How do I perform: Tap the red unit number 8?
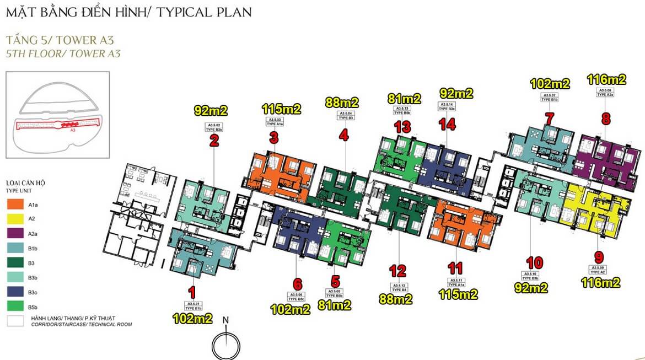coord(606,119)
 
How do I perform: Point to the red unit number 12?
coord(397,271)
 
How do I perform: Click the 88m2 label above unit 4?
coord(342,102)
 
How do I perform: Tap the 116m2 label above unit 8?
coord(606,79)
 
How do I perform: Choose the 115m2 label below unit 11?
coord(458,294)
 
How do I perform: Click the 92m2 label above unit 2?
coord(211,110)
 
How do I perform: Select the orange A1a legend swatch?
coord(15,205)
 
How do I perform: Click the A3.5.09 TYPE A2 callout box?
coord(599,270)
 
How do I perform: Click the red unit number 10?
coord(534,262)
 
